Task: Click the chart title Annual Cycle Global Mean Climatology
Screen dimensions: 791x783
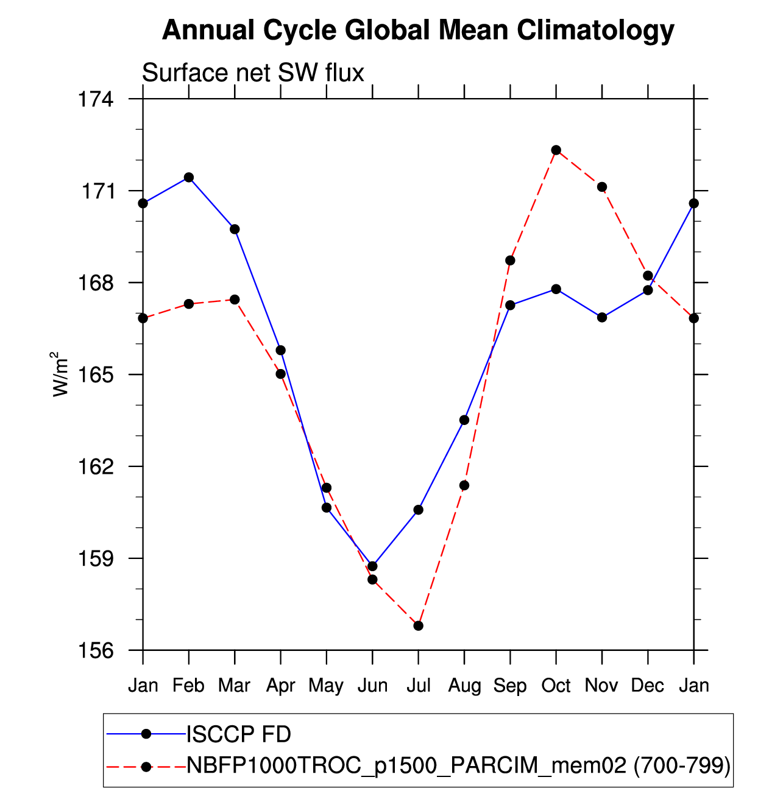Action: (418, 30)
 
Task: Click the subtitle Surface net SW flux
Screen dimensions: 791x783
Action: (253, 73)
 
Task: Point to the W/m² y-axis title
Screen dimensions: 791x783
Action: (60, 374)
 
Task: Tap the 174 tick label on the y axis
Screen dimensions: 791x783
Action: (95, 99)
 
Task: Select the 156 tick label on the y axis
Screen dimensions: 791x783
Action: (95, 650)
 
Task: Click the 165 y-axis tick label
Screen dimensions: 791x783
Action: (95, 374)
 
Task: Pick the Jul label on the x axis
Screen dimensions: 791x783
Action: (419, 686)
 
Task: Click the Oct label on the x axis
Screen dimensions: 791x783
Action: (556, 686)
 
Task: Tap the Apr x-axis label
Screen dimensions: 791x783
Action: (280, 686)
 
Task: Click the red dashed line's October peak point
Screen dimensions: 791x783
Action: (556, 150)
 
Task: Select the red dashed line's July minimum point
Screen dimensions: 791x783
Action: (418, 625)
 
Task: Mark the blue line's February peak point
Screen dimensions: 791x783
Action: (189, 177)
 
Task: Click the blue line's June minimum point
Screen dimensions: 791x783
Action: (372, 566)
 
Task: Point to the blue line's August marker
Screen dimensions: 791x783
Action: (464, 420)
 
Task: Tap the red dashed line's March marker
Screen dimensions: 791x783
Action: (235, 300)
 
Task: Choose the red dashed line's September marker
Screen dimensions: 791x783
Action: (510, 261)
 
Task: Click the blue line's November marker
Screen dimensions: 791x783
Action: (602, 317)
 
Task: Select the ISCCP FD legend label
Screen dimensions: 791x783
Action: (239, 734)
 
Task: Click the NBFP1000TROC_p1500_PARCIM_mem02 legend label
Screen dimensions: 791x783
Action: (407, 765)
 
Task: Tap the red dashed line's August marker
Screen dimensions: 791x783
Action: (464, 485)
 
